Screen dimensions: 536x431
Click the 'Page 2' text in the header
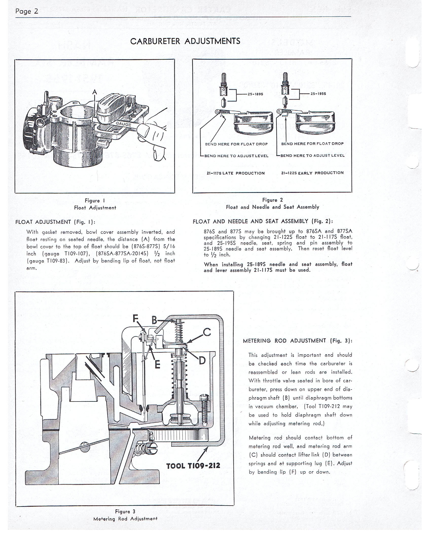tap(27, 11)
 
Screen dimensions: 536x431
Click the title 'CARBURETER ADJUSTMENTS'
tap(185, 41)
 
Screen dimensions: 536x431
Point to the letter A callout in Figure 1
tap(95, 92)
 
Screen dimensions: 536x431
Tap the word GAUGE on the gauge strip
tap(123, 124)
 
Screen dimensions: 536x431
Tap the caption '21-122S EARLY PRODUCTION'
tap(312, 173)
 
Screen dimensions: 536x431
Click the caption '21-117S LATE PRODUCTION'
tap(236, 173)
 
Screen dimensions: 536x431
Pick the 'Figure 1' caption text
tap(95, 200)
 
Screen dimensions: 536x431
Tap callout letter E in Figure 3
tap(157, 365)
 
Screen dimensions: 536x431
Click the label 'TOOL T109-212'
tap(193, 465)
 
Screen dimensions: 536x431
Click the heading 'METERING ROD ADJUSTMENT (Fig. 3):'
tap(298, 341)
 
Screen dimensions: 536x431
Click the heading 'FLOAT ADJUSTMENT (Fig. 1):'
tap(55, 222)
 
